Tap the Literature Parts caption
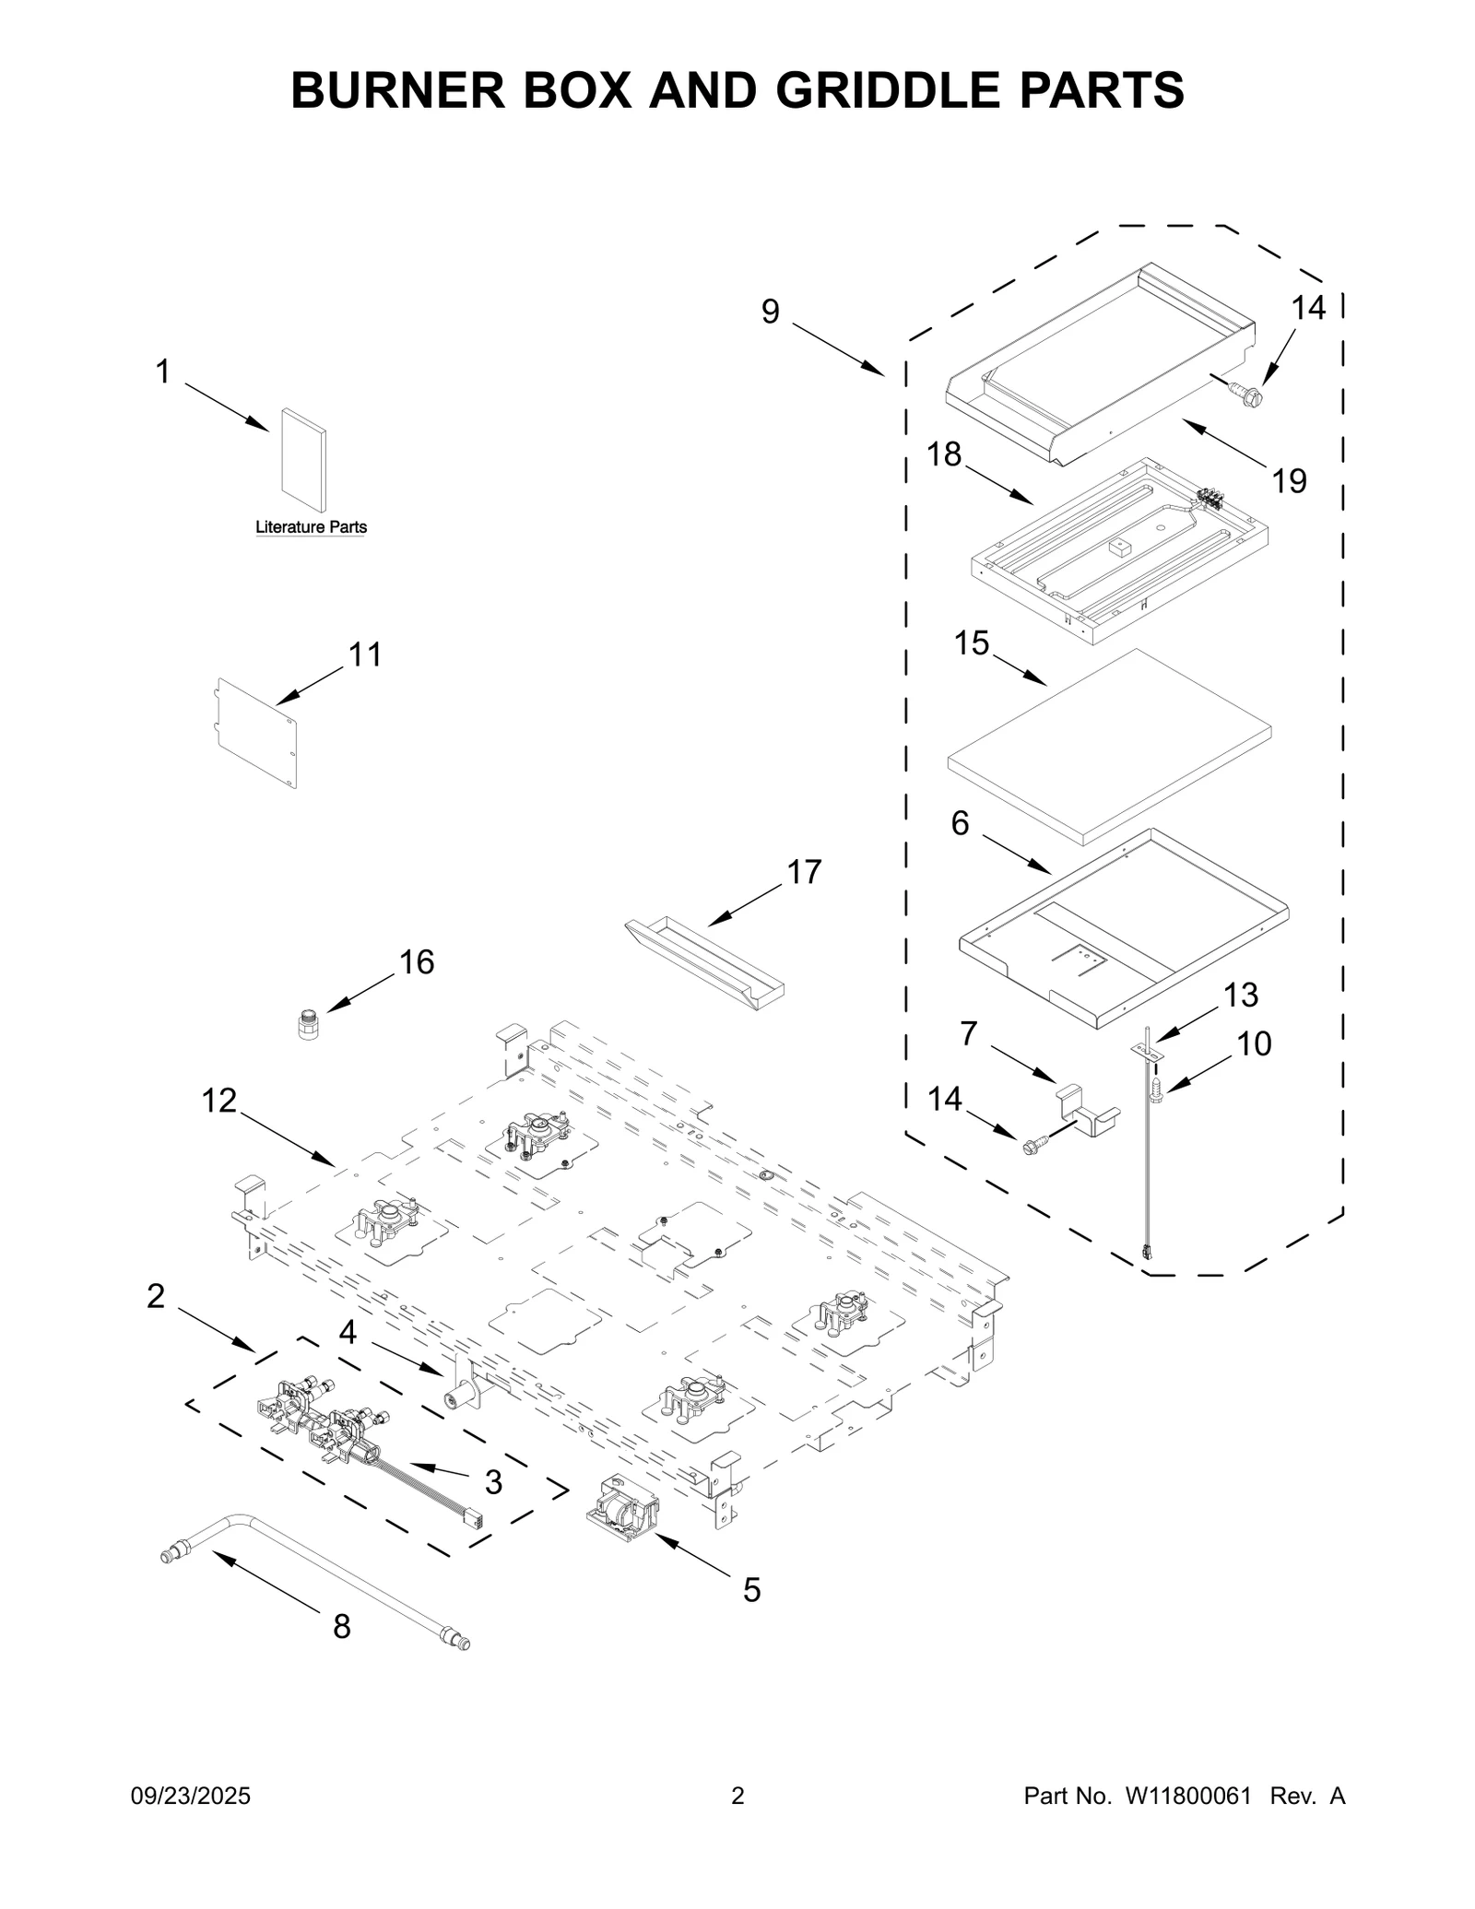click(311, 527)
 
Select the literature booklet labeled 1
click(303, 460)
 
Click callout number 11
click(364, 654)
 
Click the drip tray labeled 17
click(704, 966)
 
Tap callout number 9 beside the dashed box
click(770, 312)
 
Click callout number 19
click(1289, 480)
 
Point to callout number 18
click(944, 454)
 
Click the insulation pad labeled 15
click(1110, 747)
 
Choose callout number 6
click(960, 823)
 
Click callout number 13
click(1241, 995)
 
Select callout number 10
click(1254, 1043)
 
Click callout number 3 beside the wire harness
click(493, 1482)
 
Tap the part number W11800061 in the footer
click(1187, 1796)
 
